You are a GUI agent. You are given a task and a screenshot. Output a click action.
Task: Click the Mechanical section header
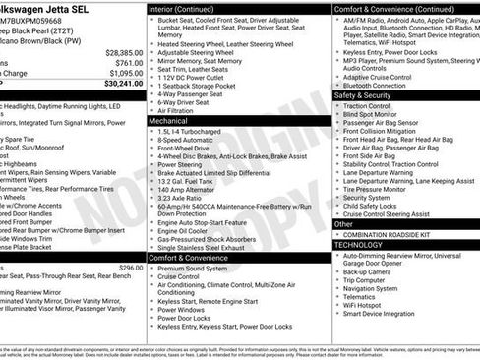click(x=175, y=121)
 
